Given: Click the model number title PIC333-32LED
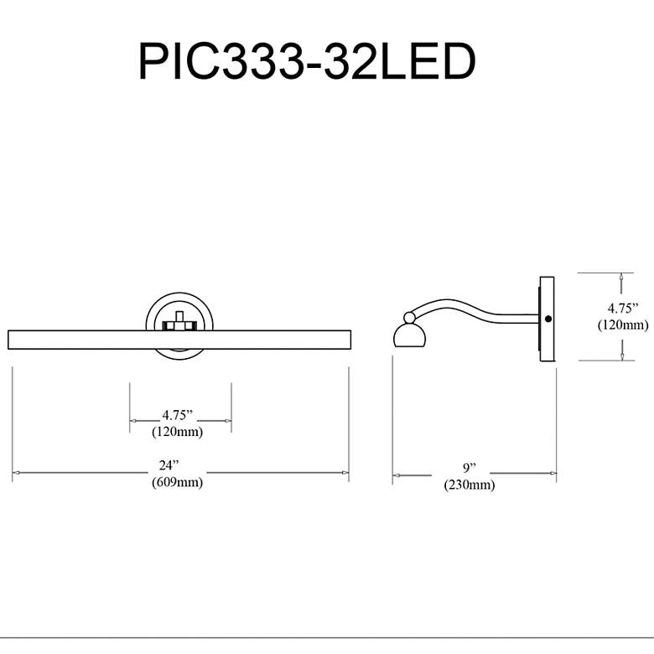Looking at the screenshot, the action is point(307,61).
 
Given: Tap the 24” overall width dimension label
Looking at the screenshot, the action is point(169,465).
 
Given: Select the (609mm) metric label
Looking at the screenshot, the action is point(177,482).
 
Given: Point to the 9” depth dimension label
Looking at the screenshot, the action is point(470,468).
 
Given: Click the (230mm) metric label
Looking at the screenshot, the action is point(470,485).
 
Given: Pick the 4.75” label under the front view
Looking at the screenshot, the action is point(178,415).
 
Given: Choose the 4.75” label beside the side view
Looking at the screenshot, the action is point(623,309).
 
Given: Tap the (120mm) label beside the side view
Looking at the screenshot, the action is point(623,324).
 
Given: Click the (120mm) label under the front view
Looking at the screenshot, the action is point(177,431).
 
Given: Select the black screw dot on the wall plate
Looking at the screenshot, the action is point(548,319).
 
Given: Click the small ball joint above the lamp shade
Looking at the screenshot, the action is point(409,318).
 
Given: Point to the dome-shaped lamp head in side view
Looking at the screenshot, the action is point(409,335).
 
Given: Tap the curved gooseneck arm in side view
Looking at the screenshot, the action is point(475,311).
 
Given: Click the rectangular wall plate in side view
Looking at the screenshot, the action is point(547,319).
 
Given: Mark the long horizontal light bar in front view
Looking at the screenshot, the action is point(179,340).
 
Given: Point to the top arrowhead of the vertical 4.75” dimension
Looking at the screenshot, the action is point(621,278).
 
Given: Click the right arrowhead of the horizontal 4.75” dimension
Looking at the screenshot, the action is point(227,420).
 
